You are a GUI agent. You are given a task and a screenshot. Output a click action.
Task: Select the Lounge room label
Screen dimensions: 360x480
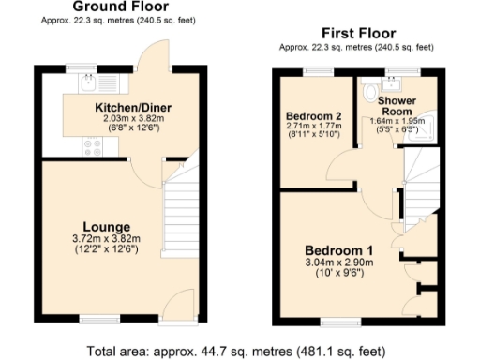tap(106, 227)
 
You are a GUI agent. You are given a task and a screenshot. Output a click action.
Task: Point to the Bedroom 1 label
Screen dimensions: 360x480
tap(339, 250)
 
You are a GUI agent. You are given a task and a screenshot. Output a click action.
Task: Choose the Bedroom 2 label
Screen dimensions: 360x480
tap(313, 116)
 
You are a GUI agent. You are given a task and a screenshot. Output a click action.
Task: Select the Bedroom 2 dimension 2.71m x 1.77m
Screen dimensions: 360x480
tap(313, 128)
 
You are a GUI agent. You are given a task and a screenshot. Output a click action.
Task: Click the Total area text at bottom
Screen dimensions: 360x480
tap(234, 352)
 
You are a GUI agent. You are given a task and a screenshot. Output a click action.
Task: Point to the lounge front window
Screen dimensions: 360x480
tap(93, 319)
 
